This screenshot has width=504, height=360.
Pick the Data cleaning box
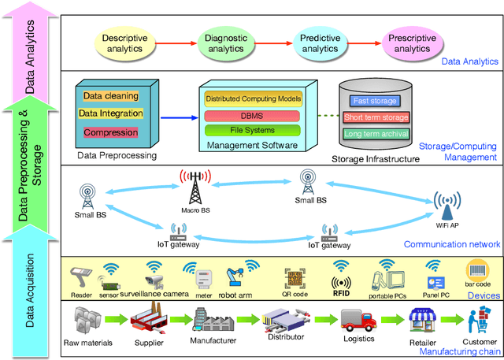(109, 97)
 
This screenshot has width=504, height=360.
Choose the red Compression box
(109, 132)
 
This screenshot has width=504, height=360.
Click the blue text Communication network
(451, 244)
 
